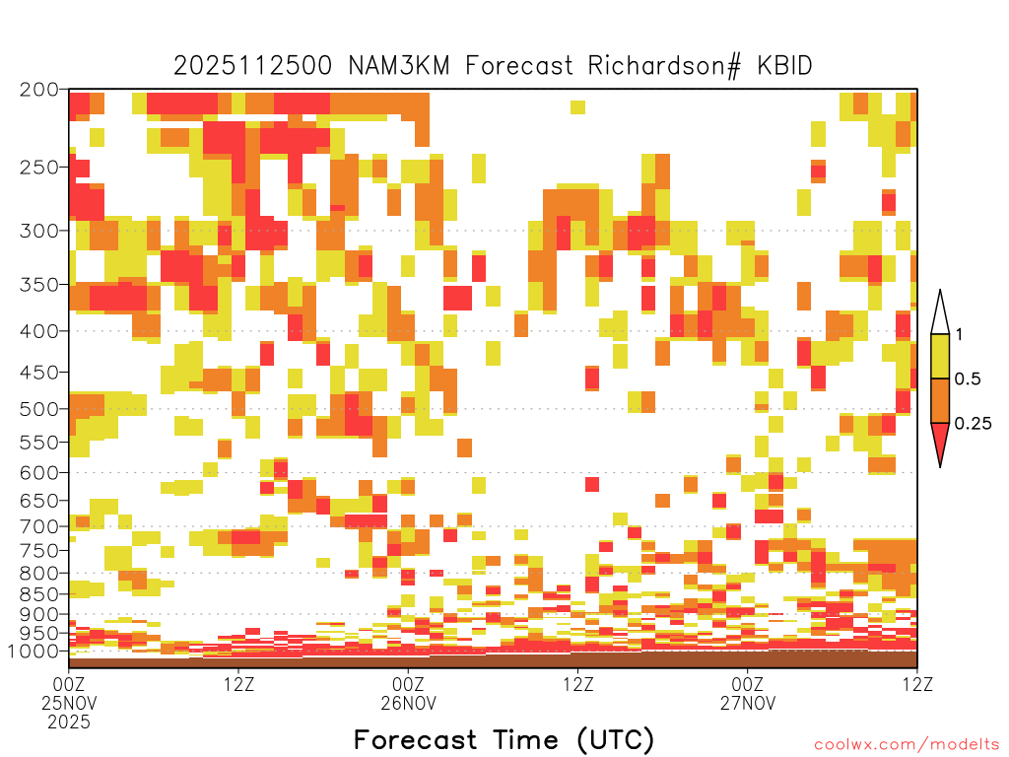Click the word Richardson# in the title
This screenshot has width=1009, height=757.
coord(664,66)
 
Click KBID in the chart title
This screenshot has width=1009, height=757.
coord(785,66)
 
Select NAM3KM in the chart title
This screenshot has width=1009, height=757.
coord(399,66)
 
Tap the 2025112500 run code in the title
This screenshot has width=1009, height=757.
coord(253,66)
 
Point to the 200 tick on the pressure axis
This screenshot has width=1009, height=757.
coord(38,90)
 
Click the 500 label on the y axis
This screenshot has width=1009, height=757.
coord(38,409)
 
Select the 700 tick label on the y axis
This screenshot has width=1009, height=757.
coord(38,526)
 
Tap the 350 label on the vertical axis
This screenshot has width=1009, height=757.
coord(38,284)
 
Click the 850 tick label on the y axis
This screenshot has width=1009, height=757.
coord(38,594)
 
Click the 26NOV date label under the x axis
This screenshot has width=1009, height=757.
coord(408,703)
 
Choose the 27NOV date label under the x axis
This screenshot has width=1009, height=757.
coord(748,703)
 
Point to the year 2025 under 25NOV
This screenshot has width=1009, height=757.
coord(69,723)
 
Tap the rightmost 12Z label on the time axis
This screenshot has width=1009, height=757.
coord(917,684)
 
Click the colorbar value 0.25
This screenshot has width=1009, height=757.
coord(973,423)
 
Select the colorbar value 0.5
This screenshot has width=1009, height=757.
coord(968,378)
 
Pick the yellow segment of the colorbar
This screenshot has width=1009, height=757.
coord(940,356)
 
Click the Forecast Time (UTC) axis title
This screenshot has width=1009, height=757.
coord(504,740)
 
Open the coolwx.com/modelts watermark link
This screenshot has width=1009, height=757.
coord(908,745)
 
